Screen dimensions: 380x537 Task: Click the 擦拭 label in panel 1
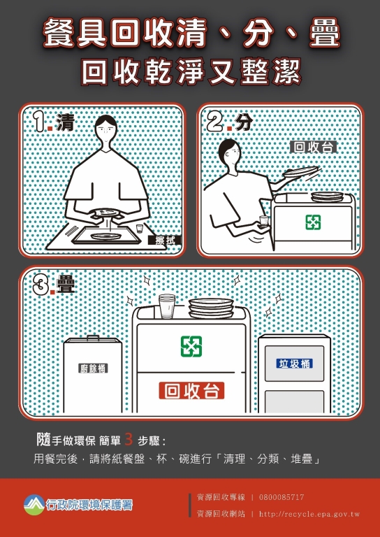tap(165, 241)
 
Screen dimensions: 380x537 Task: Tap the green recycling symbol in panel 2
tap(313, 222)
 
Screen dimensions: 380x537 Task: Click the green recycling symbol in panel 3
tap(191, 346)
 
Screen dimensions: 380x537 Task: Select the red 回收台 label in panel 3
tap(191, 391)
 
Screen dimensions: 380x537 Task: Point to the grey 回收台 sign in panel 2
tap(314, 148)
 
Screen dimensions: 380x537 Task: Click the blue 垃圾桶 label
tap(295, 364)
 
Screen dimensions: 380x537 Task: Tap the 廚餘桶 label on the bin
tap(93, 368)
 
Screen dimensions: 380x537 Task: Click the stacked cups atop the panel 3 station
tap(167, 306)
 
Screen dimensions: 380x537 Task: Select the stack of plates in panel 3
tap(211, 308)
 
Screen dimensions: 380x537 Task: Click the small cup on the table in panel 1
tap(139, 229)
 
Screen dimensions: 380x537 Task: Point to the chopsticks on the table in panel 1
tap(71, 231)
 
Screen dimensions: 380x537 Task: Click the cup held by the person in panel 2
tap(263, 221)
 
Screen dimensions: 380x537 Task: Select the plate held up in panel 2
tap(300, 171)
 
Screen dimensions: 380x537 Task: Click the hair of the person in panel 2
tap(227, 148)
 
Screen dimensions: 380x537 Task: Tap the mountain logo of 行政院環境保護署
tap(34, 504)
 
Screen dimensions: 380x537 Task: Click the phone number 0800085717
tap(282, 497)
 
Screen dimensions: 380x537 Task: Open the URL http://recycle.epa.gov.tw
tap(309, 514)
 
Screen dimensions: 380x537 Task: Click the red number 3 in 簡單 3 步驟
tap(129, 440)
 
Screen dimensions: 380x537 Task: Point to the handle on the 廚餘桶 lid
tap(93, 338)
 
